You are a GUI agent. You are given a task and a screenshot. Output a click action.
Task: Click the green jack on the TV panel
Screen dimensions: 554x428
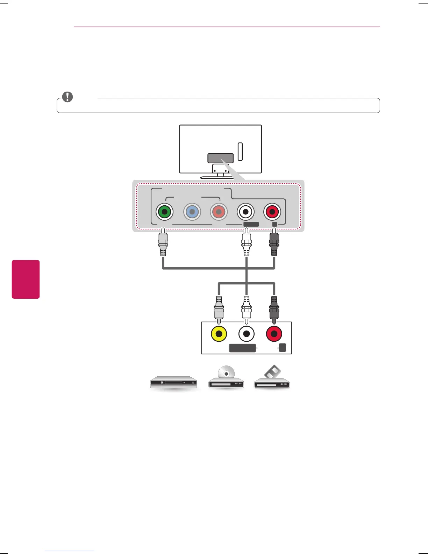pyautogui.click(x=164, y=212)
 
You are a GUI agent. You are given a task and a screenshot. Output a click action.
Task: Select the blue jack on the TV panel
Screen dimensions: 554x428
pyautogui.click(x=192, y=212)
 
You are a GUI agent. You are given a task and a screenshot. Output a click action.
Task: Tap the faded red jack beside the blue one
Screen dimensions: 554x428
pyautogui.click(x=219, y=212)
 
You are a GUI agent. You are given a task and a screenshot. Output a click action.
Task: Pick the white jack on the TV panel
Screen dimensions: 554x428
pyautogui.click(x=245, y=212)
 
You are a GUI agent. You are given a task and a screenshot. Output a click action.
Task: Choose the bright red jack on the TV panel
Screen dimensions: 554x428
pyautogui.click(x=272, y=212)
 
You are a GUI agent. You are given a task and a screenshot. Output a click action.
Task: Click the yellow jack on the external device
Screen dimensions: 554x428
pyautogui.click(x=219, y=334)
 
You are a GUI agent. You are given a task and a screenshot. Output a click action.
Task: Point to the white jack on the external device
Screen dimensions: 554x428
pyautogui.click(x=247, y=334)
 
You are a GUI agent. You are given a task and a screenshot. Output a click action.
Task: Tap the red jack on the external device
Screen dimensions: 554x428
pyautogui.click(x=274, y=334)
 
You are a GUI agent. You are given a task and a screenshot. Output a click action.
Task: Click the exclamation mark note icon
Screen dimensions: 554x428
pyautogui.click(x=67, y=97)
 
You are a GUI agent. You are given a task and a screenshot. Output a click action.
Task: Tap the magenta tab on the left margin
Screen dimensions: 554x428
pyautogui.click(x=26, y=279)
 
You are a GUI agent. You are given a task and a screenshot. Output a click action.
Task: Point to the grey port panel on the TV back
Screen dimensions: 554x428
pyautogui.click(x=220, y=158)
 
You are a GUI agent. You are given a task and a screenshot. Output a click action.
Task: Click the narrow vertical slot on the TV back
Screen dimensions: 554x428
pyautogui.click(x=240, y=151)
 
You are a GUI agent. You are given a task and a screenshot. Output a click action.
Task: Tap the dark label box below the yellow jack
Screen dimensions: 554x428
pyautogui.click(x=243, y=348)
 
